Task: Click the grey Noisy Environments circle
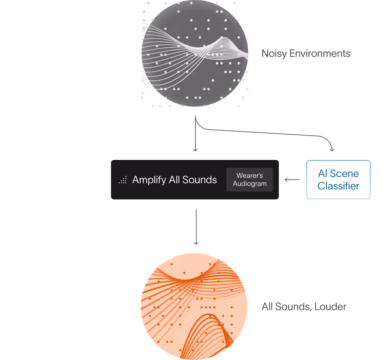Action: coord(195,53)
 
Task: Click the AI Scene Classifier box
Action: coord(338,179)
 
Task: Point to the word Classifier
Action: coord(338,186)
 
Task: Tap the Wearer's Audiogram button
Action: coord(250,179)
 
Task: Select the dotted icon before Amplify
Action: coord(123,181)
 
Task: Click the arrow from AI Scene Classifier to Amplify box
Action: coord(292,179)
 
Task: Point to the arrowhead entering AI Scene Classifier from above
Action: coord(332,150)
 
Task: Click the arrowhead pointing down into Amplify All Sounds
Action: coord(195,150)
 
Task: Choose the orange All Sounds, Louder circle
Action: coord(194,306)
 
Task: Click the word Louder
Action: coord(331,307)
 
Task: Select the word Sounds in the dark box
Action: coord(199,180)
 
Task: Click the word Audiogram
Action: coord(250,184)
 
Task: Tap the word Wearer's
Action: coord(250,176)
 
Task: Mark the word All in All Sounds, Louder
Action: coord(267,307)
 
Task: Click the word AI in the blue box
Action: coord(323,174)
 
